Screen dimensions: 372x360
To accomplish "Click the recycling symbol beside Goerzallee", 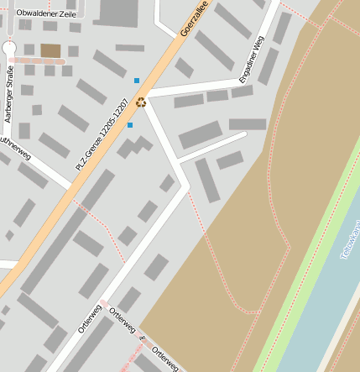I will click(141, 102).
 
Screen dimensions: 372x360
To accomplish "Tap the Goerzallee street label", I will click(194, 18).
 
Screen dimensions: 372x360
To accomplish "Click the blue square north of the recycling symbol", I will click(137, 81).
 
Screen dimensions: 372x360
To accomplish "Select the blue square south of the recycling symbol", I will click(130, 125).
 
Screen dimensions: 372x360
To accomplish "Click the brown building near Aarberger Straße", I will click(50, 51).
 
